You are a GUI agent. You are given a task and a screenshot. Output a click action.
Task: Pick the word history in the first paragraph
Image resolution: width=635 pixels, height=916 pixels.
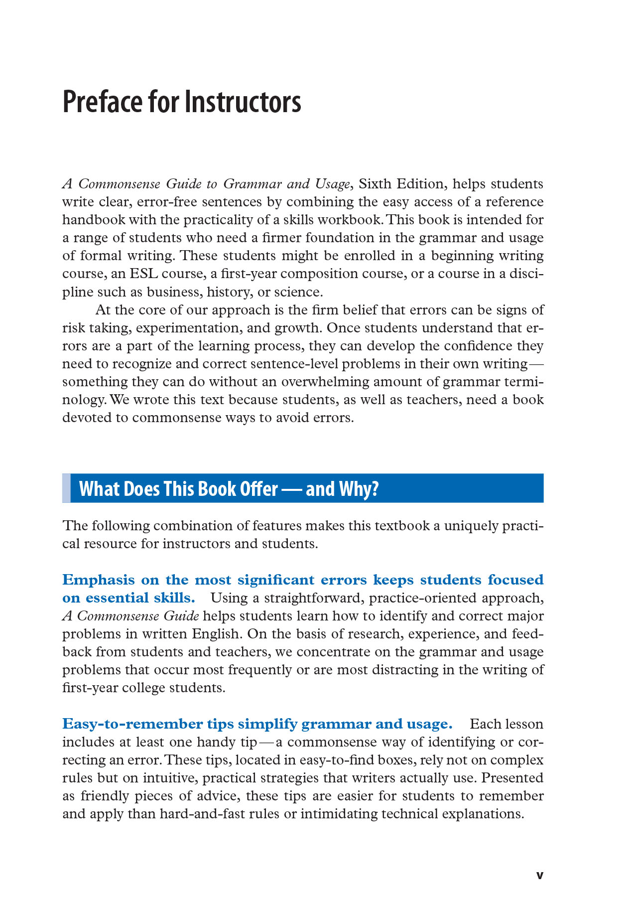(229, 292)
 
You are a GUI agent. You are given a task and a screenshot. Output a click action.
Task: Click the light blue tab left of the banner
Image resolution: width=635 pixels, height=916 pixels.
(66, 488)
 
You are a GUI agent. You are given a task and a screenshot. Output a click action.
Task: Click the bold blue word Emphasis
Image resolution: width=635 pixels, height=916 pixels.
(98, 580)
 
